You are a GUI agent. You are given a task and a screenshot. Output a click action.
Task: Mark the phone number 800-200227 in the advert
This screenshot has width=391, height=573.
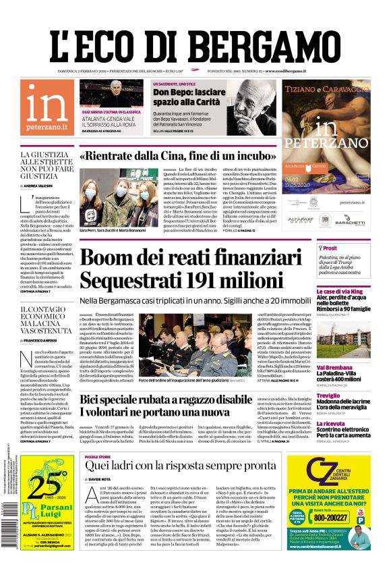click(348, 518)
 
